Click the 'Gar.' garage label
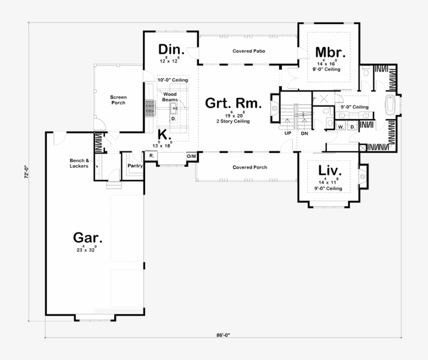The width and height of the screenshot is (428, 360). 87,238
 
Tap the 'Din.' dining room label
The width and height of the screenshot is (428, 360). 172,49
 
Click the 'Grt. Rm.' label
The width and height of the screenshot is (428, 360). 233,102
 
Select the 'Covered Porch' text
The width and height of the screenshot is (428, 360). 249,168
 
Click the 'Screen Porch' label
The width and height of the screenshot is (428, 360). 118,100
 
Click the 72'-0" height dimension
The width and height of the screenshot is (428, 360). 25,172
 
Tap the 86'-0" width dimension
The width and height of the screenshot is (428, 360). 223,334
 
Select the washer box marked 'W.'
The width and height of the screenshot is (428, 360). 340,127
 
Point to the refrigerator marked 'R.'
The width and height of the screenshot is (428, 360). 151,156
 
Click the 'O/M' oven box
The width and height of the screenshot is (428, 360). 192,156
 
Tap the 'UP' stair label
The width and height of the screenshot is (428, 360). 288,133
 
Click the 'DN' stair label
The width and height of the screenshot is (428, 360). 303,133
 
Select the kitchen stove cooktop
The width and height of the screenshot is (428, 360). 150,108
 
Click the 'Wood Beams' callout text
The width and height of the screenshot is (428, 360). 170,97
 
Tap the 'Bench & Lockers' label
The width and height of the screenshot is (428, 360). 80,163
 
